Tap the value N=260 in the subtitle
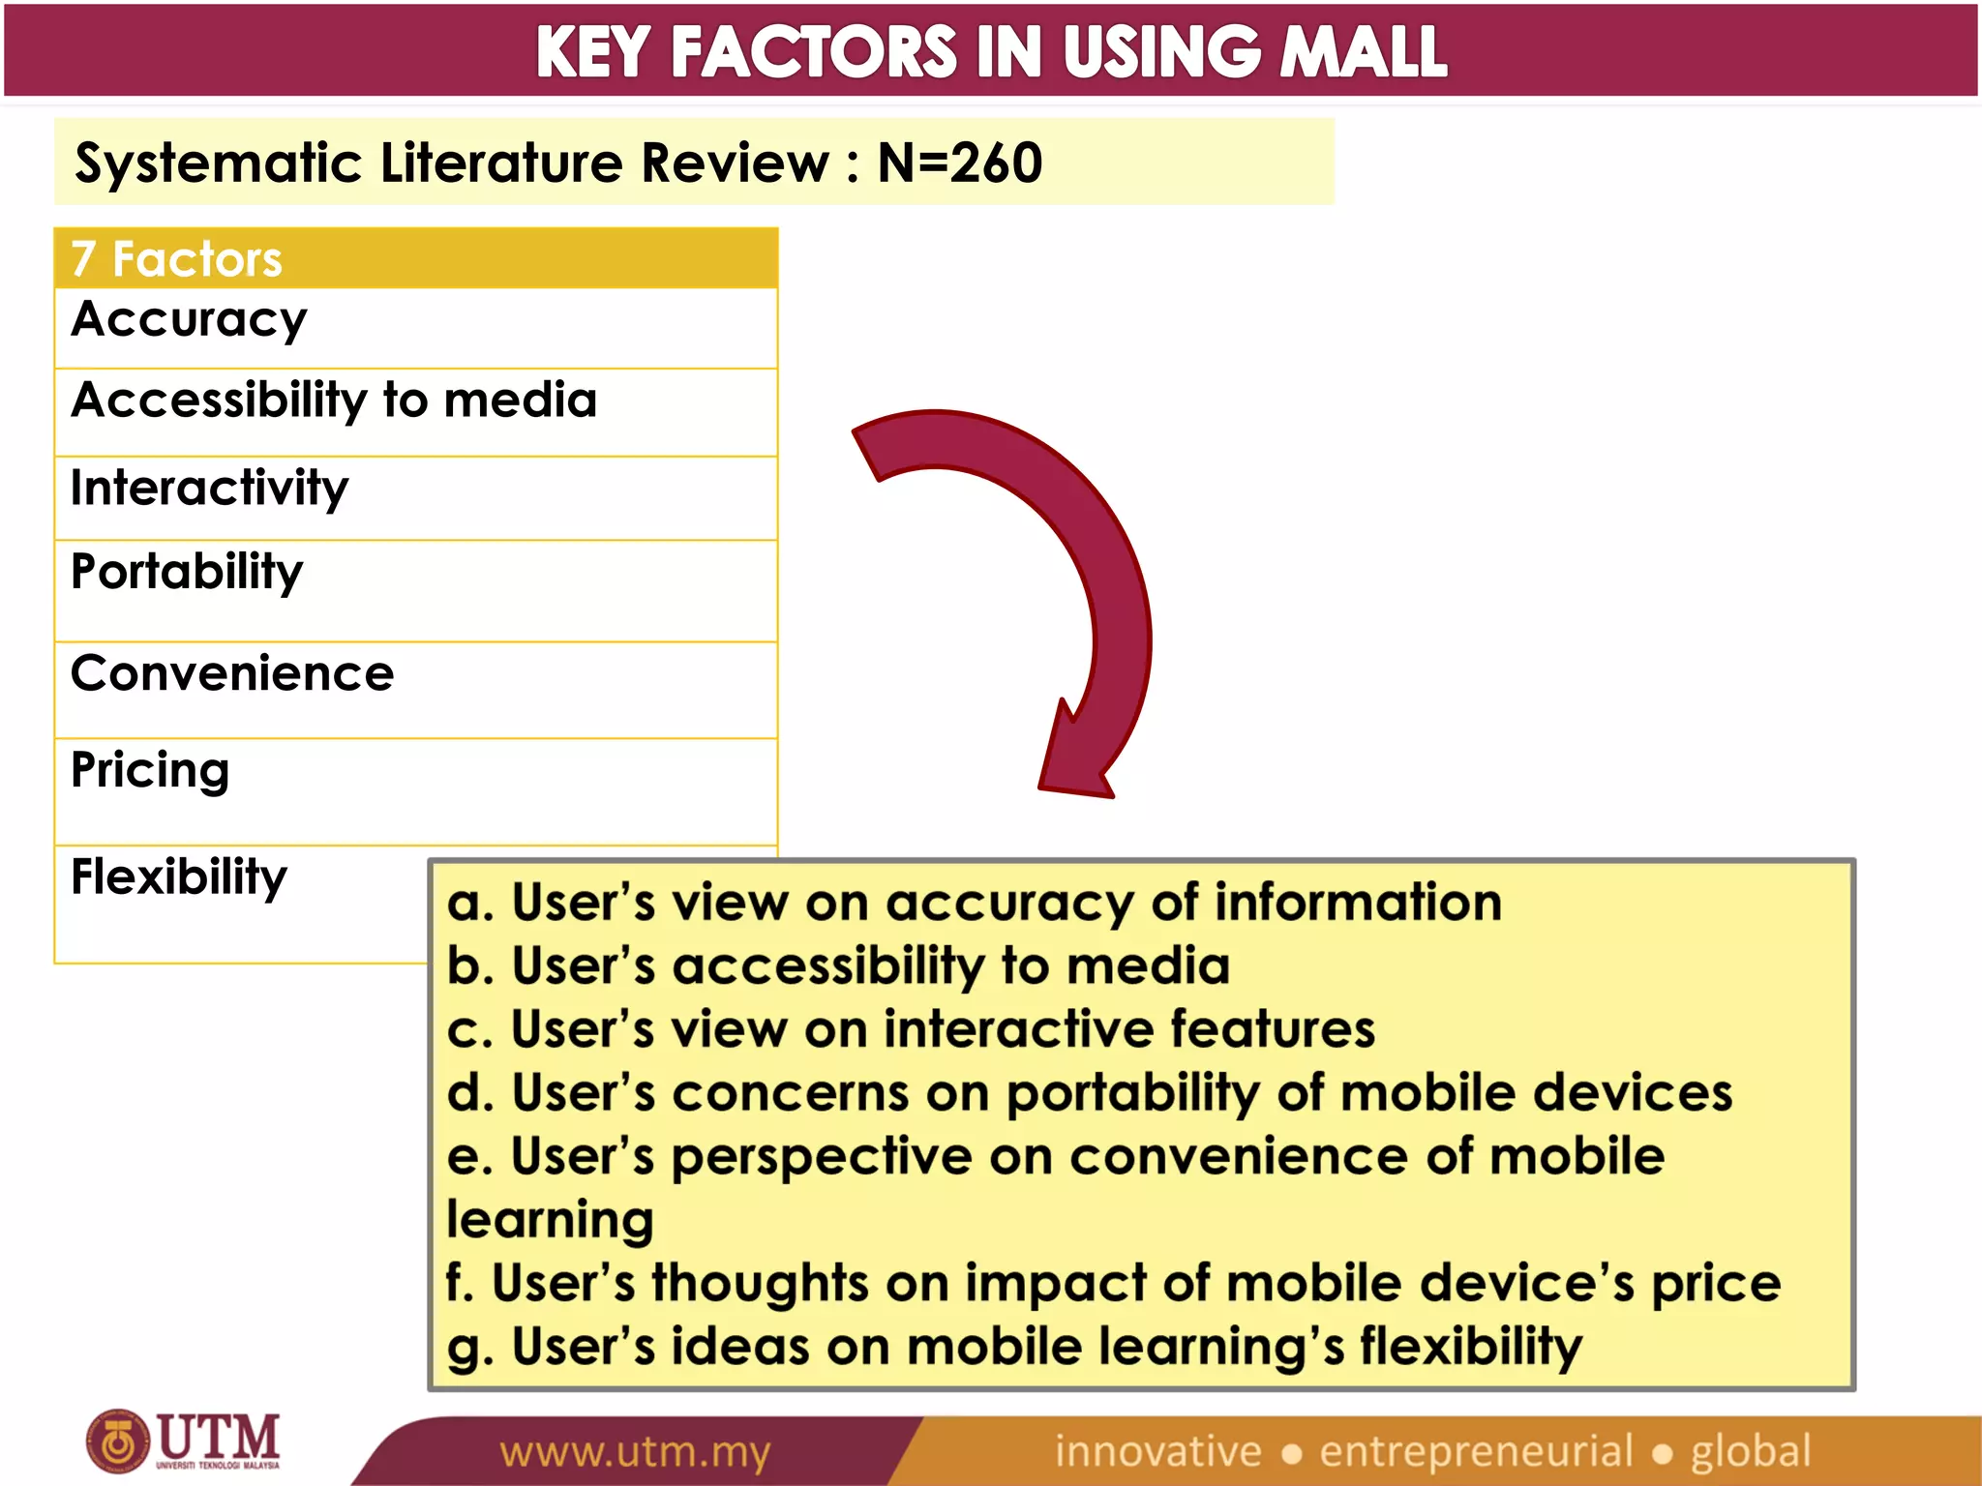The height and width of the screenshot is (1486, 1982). pos(959,163)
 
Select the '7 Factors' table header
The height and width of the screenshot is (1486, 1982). pos(177,259)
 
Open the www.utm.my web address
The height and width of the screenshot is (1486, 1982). pos(635,1452)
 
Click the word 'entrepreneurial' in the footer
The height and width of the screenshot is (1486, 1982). pos(1476,1451)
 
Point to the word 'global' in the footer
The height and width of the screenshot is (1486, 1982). pos(1750,1451)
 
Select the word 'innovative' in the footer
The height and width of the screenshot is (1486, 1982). pos(1157,1451)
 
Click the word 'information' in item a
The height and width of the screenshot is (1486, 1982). pos(1358,902)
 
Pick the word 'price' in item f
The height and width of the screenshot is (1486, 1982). pos(1715,1284)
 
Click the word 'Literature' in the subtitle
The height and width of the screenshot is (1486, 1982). pos(502,163)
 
